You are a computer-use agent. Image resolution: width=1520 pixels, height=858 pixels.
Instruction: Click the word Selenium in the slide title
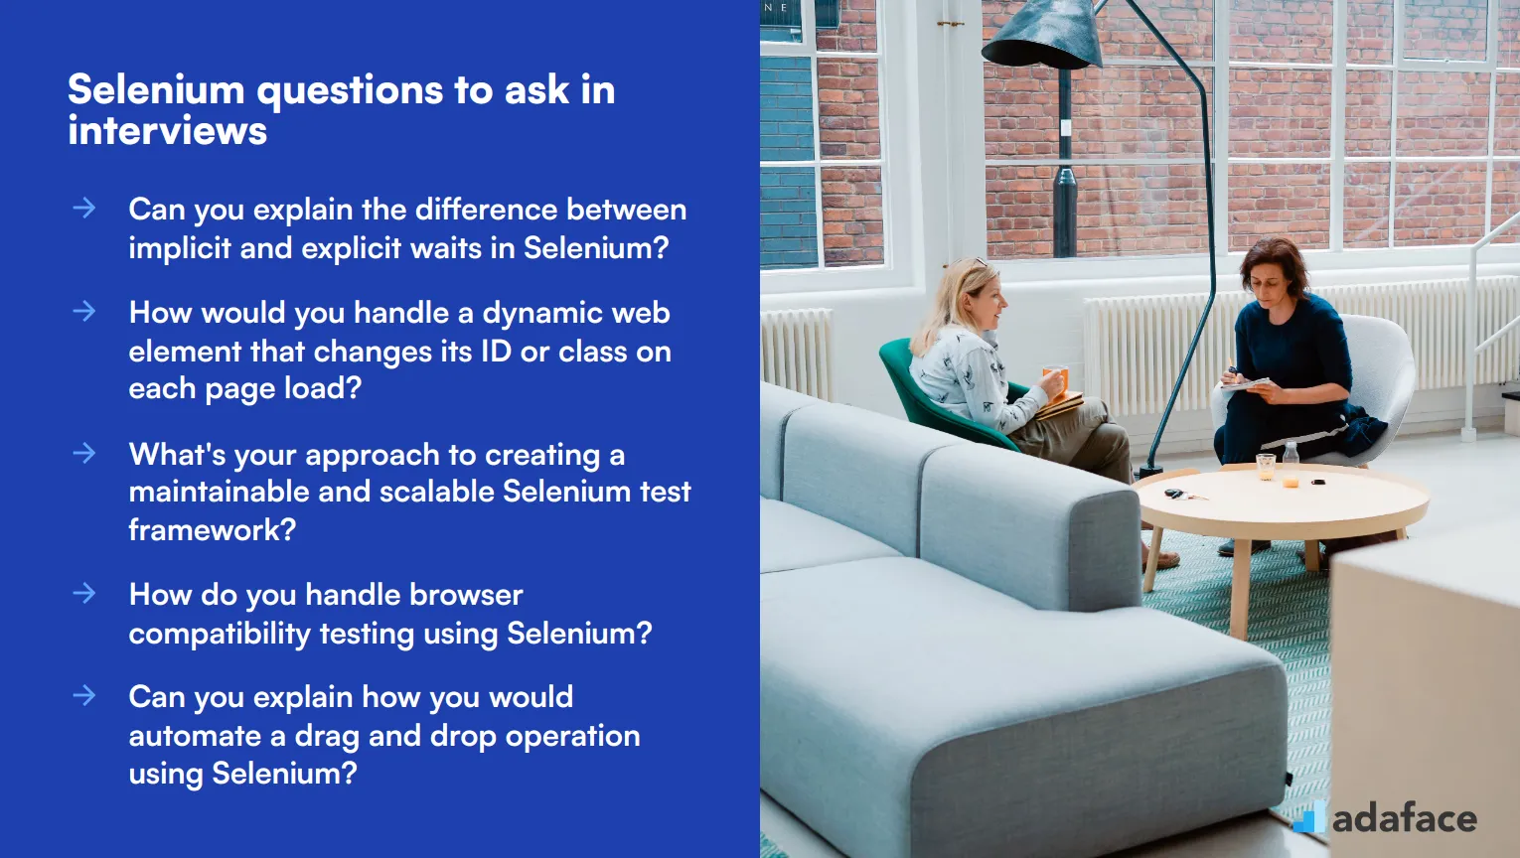(156, 90)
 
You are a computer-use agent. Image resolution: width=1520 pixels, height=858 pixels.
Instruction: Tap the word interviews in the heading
(168, 131)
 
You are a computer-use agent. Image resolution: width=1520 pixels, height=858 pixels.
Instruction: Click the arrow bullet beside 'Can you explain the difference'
(84, 208)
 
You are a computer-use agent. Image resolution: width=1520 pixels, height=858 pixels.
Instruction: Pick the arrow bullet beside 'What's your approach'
(84, 453)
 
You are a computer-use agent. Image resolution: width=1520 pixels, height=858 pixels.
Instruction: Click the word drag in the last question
(327, 737)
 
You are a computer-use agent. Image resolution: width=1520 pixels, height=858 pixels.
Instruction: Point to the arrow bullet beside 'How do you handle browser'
(84, 593)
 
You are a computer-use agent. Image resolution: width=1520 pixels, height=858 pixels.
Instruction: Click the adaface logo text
(1404, 818)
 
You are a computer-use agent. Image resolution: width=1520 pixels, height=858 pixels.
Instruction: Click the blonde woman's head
(961, 294)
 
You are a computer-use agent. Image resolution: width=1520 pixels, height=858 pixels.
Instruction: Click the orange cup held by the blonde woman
(1054, 378)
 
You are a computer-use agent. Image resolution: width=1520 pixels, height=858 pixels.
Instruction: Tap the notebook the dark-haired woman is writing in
(1247, 384)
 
